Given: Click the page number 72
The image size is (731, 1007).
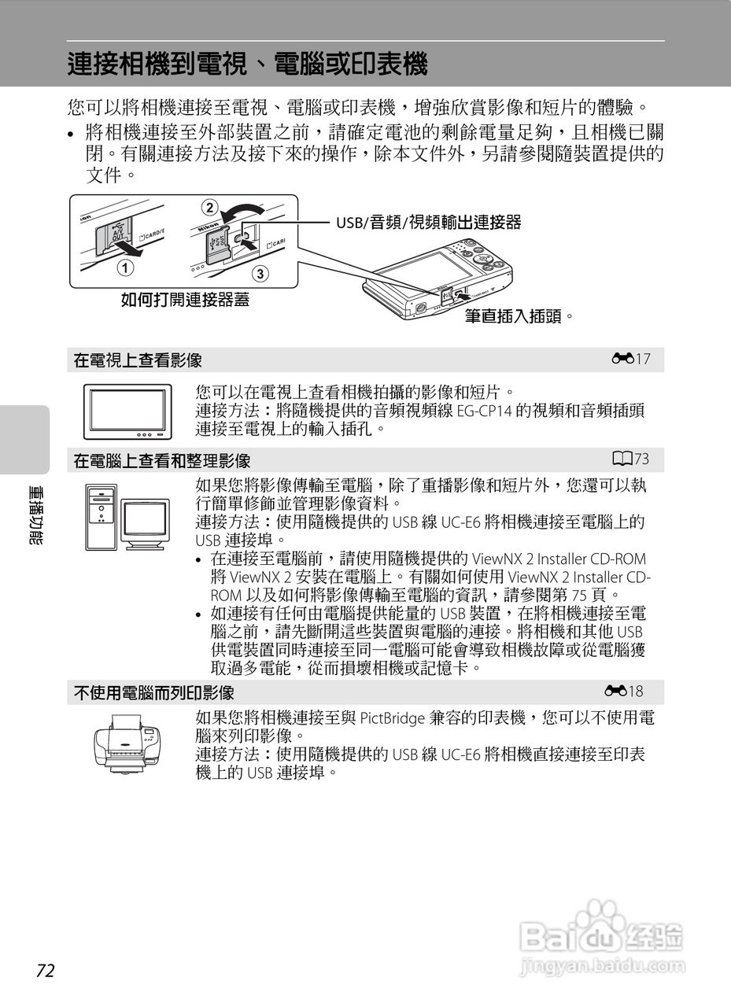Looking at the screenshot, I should coord(45,970).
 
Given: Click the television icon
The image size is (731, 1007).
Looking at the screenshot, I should coord(127,411).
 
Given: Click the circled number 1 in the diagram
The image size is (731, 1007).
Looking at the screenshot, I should coord(123,267).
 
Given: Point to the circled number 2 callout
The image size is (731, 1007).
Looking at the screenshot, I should coord(209,208).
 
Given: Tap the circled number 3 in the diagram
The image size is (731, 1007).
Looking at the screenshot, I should coord(260,274).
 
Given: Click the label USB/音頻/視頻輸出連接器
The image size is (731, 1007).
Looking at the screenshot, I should coord(429,223).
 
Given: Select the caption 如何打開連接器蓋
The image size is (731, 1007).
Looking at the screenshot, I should coord(185,300).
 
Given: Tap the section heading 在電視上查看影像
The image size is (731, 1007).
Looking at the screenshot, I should coord(138,360).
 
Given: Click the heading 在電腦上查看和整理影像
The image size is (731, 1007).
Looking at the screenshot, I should coord(162,460).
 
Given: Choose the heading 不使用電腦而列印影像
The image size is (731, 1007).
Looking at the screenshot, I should coord(153,692).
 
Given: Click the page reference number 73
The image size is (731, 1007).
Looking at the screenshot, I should coord(642,459).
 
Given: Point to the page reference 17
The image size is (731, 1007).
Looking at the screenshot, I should coord(644,360).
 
